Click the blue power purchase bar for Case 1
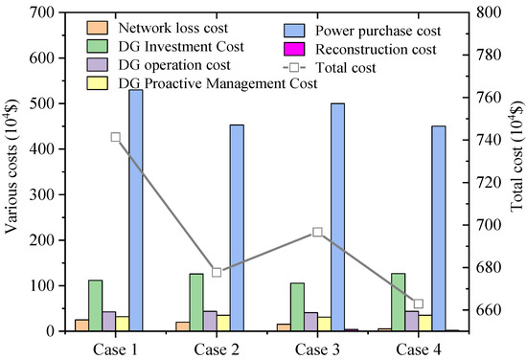tap(135, 211)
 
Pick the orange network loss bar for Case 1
tap(81, 326)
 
